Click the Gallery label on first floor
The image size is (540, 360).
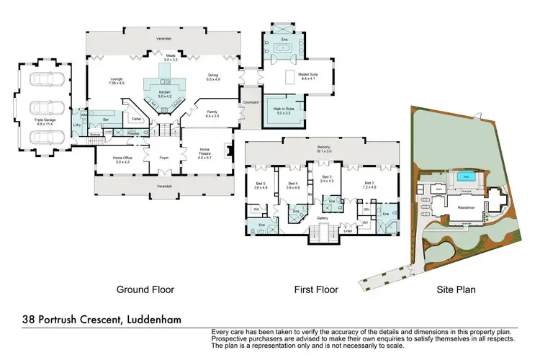pyautogui.click(x=323, y=218)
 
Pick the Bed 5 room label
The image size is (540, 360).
pyautogui.click(x=261, y=185)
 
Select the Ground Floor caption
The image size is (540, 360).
pyautogui.click(x=145, y=289)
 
